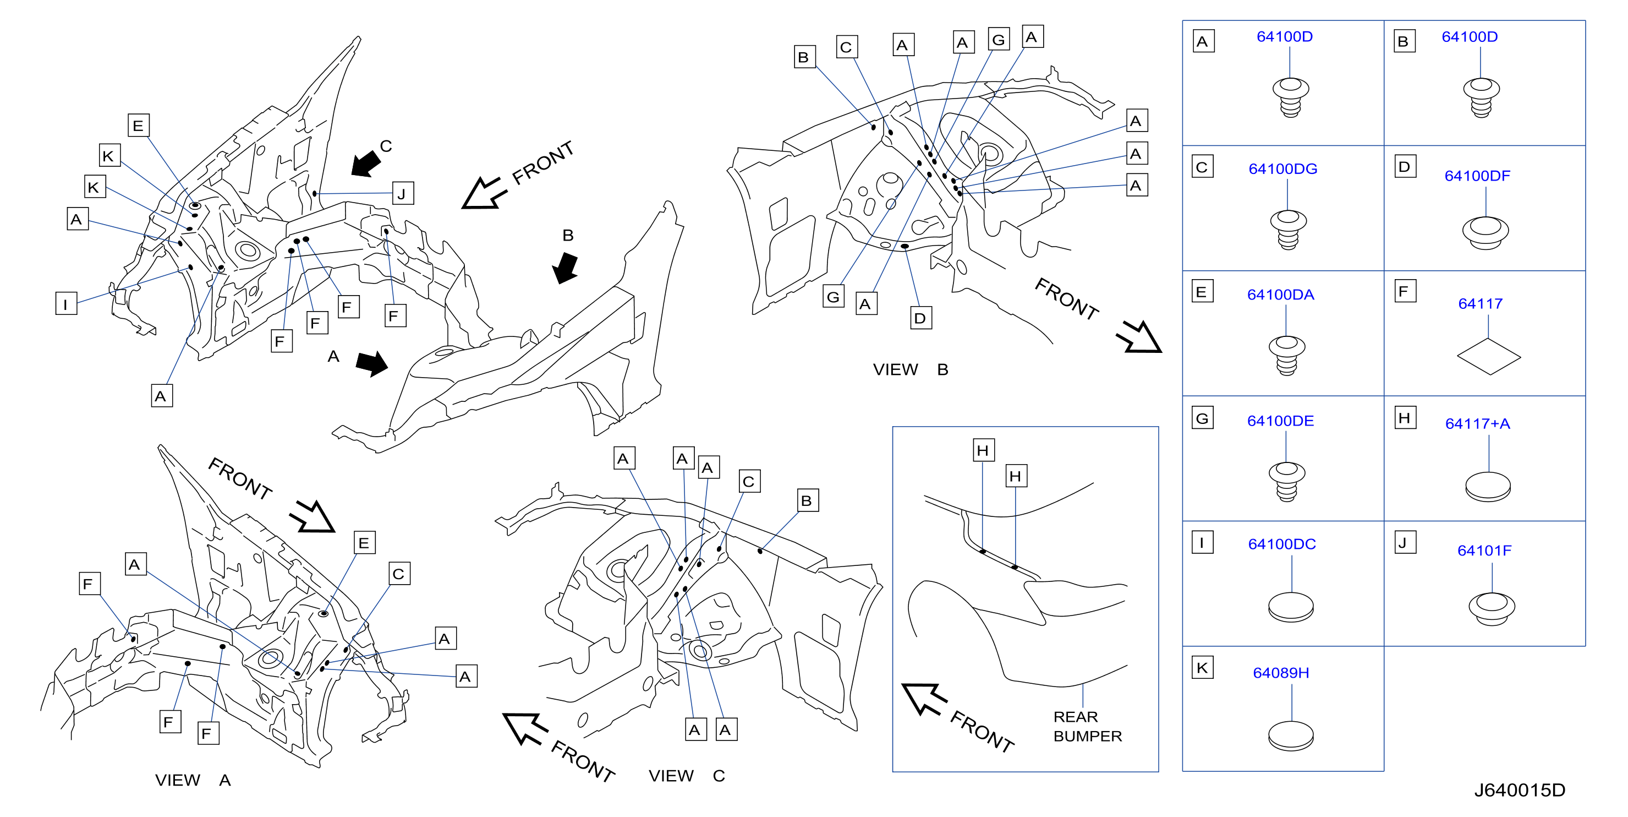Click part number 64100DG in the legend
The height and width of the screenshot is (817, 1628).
(x=1282, y=169)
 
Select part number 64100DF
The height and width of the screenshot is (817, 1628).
(x=1477, y=176)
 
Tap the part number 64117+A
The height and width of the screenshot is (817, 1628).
(x=1478, y=424)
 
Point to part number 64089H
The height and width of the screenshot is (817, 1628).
(x=1280, y=673)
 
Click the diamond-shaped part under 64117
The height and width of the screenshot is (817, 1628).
(x=1488, y=357)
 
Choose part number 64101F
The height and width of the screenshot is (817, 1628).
(x=1484, y=551)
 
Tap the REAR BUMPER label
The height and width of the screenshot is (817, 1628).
(x=1087, y=727)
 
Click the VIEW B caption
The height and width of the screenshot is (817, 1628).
(x=910, y=370)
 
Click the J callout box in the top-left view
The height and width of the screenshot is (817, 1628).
(x=403, y=193)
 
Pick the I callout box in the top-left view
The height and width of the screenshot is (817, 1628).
(x=65, y=303)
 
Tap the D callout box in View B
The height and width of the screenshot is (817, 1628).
(x=920, y=318)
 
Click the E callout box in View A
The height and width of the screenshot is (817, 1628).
(x=364, y=543)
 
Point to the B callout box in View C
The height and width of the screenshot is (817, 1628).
(x=807, y=500)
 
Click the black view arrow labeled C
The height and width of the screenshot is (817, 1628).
(x=366, y=163)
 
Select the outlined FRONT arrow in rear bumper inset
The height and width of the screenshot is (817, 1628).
(x=923, y=698)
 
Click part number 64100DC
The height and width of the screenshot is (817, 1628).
(x=1282, y=544)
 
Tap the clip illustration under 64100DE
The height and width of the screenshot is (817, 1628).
(x=1287, y=482)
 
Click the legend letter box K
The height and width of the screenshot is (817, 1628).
(x=1202, y=668)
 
